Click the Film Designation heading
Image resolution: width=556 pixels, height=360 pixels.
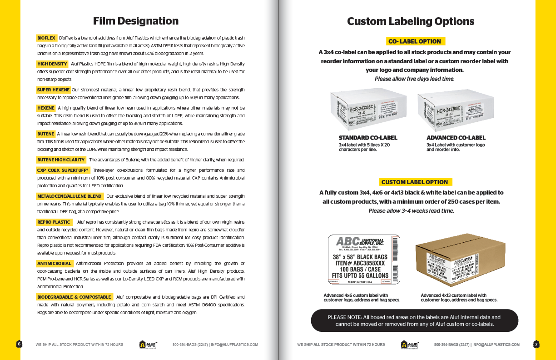point(135,21)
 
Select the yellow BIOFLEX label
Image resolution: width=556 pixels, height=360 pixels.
point(46,38)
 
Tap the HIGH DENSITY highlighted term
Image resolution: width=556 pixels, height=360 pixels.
point(52,64)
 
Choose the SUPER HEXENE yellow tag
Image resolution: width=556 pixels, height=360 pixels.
point(53,90)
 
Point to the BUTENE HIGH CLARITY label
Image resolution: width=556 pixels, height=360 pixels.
point(61,160)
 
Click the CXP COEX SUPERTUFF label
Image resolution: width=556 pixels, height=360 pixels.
point(63,170)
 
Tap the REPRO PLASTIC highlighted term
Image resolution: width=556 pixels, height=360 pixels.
point(54,222)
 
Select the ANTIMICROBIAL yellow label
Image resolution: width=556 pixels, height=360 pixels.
point(54,264)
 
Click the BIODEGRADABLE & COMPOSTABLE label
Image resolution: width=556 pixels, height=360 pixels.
point(74,297)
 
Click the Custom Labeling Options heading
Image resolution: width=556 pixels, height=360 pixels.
point(411,21)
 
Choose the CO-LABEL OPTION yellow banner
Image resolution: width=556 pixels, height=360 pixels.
point(415,41)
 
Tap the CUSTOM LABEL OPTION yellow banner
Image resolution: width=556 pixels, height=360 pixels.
point(415,182)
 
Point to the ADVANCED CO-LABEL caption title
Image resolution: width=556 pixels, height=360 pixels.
point(456,138)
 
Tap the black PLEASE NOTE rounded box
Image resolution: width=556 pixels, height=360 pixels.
point(414,320)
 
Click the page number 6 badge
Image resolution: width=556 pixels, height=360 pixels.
point(19,344)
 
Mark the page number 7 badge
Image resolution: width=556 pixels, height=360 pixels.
point(536,344)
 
